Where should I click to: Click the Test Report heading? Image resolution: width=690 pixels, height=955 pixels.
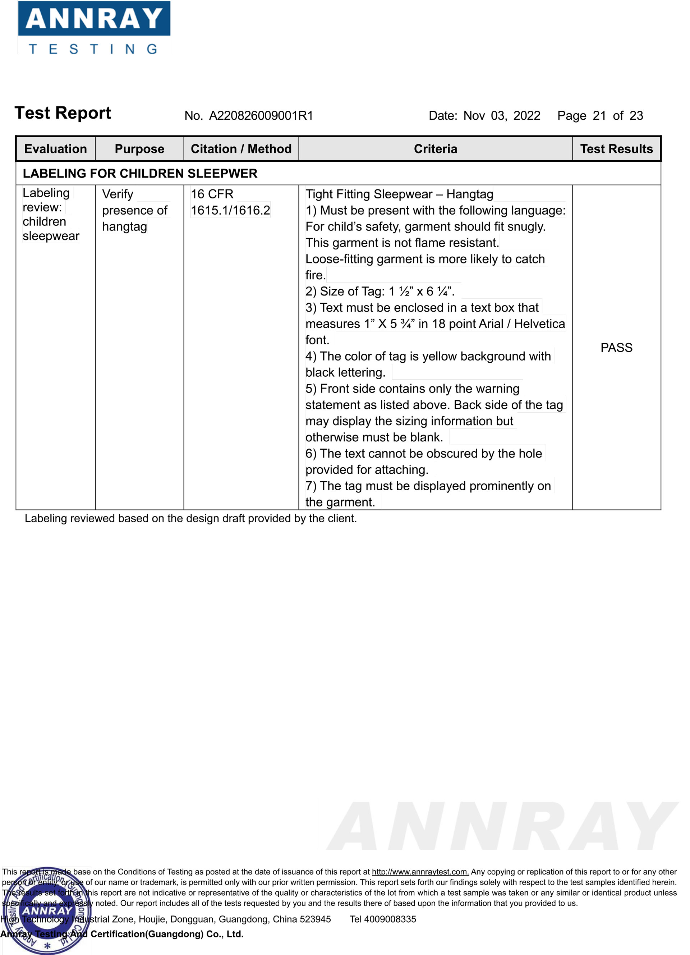tap(63, 113)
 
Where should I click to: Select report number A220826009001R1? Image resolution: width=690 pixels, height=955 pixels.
tap(261, 115)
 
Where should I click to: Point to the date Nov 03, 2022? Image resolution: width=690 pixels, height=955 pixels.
tap(501, 115)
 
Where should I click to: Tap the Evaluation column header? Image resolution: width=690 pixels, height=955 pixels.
tap(56, 149)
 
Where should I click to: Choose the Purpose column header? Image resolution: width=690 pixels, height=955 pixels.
tap(139, 149)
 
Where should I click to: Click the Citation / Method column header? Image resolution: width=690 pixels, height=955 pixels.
tap(241, 149)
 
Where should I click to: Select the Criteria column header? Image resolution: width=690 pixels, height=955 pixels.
tap(435, 149)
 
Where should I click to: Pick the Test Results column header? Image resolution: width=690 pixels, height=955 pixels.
tap(616, 149)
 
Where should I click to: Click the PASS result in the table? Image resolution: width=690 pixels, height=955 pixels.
tap(616, 348)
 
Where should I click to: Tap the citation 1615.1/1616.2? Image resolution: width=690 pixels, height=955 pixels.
tap(230, 210)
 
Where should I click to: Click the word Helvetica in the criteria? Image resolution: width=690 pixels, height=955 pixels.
tap(539, 324)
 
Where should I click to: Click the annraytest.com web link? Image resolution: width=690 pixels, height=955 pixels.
tap(420, 872)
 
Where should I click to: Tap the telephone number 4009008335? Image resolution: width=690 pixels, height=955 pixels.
tap(390, 919)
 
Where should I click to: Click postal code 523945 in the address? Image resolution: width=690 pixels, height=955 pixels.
tap(315, 919)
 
